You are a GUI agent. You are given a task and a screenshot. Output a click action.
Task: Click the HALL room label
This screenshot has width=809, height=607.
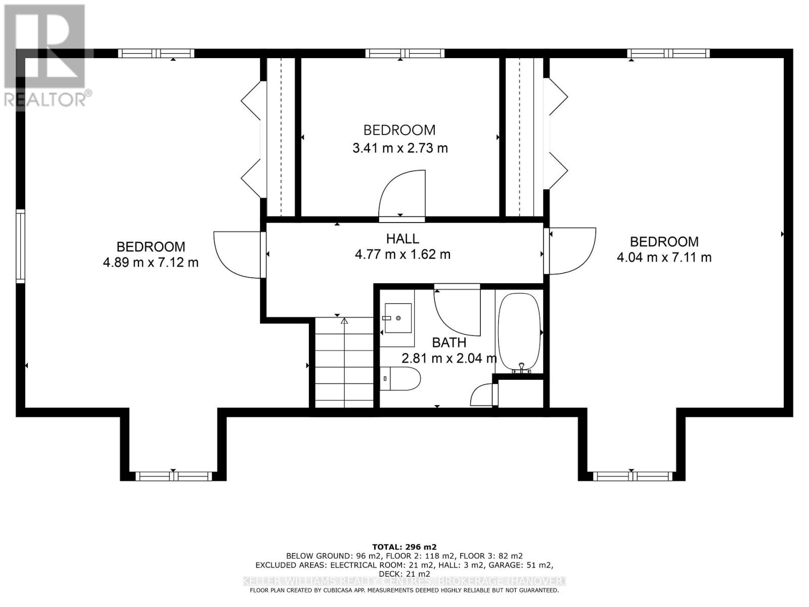[402, 238]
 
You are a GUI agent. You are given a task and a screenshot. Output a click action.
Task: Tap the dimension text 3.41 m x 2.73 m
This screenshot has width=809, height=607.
[399, 148]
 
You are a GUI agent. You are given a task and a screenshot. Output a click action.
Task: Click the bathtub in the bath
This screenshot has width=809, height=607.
[519, 332]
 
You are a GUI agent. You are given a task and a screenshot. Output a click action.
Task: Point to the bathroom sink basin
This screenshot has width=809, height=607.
[397, 318]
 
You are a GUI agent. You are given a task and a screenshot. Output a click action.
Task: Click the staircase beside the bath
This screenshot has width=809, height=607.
[344, 362]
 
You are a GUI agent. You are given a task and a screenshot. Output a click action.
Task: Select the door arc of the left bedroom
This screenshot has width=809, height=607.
[237, 254]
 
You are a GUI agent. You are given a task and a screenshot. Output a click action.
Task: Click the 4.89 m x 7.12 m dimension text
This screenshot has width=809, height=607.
[151, 263]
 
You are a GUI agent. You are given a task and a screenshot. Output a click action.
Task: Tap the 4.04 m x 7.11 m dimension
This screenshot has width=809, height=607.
[664, 257]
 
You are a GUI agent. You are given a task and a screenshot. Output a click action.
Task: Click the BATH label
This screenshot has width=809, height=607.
[448, 342]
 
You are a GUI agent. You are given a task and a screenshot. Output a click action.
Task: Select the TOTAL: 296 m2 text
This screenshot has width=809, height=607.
[404, 547]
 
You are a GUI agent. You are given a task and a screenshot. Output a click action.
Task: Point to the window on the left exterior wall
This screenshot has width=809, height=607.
[20, 246]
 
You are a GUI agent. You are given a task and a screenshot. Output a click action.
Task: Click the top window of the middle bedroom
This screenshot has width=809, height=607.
[404, 54]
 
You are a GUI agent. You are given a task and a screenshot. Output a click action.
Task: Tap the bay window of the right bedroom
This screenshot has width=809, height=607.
[632, 476]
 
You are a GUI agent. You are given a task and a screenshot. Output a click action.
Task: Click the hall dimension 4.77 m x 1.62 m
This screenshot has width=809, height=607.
[402, 254]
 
